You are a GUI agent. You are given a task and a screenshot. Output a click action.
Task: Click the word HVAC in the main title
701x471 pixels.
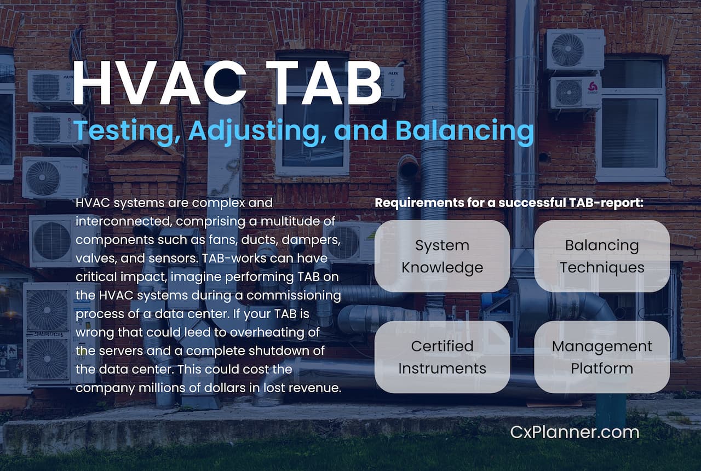[x=159, y=83]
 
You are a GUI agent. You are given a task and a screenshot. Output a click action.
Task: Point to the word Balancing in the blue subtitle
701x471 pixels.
[x=465, y=131]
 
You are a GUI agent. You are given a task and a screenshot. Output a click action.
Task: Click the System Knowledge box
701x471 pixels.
[x=442, y=256]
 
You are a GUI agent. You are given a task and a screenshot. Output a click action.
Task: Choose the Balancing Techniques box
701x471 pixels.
[x=602, y=256]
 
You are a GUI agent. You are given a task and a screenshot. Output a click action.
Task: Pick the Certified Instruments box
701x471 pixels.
[x=442, y=357]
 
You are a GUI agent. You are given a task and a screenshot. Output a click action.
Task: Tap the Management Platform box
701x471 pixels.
[x=602, y=357]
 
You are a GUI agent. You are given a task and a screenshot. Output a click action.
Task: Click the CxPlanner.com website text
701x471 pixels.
[x=574, y=432]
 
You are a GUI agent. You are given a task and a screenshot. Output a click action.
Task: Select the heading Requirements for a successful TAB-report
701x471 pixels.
[x=509, y=203]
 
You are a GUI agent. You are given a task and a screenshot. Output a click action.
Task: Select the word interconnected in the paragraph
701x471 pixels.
[x=124, y=221]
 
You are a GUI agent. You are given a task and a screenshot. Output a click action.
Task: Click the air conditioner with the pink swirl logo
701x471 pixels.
[x=576, y=93]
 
